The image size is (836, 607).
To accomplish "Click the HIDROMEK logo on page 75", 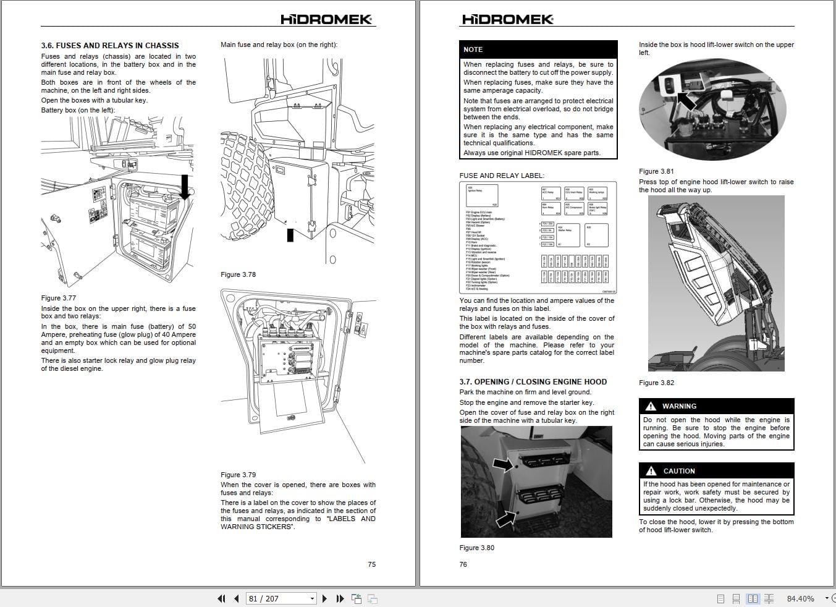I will coord(326,19).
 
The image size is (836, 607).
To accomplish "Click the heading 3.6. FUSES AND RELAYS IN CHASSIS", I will coord(110,45).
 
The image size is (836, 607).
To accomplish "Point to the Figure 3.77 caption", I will coord(59,298).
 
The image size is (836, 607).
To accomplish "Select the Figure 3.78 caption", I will coord(238,274).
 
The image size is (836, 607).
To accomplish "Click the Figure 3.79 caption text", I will coord(238,475).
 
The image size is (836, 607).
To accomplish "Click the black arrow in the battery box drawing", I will coord(185,187).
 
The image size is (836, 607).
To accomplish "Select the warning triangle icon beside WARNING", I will coord(650,406).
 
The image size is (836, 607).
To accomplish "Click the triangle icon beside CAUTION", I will coord(651,471).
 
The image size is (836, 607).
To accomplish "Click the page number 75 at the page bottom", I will coord(371,564).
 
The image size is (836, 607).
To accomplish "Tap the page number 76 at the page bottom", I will coord(463,564).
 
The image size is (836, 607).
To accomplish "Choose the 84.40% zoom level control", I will coord(800,598).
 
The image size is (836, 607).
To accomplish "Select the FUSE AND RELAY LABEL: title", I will coord(502,176).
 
